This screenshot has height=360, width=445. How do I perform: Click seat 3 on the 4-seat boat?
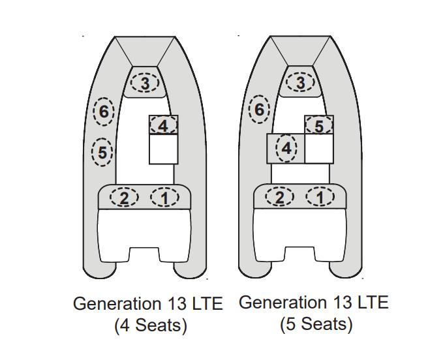point(145,83)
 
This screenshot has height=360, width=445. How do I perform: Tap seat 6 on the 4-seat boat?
point(103,112)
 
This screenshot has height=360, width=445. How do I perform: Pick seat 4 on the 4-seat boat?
point(163,125)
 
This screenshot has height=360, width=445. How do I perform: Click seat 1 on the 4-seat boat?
point(164,197)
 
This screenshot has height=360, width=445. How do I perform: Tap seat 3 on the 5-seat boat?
point(300,83)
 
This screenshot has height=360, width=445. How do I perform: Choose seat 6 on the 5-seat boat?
point(259,110)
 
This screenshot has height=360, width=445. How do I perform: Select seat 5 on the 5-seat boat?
point(319,125)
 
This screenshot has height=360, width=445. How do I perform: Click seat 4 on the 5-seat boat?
point(286,149)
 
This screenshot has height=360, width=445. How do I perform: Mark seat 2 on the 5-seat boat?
point(279,197)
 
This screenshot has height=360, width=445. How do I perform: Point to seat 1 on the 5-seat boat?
point(320,197)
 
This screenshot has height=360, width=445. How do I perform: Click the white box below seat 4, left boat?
point(164,149)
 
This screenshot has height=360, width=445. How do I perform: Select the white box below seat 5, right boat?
point(319,149)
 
